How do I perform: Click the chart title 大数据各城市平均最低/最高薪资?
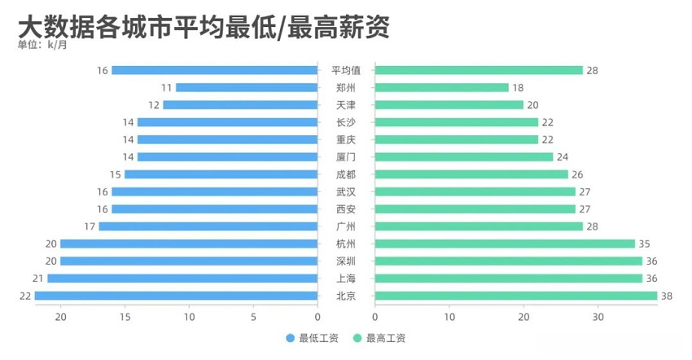coord(204,27)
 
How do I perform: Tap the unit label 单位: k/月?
coord(42,45)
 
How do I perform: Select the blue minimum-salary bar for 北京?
coord(176,296)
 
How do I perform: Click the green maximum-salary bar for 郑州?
coord(442,87)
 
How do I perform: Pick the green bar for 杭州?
coord(505,244)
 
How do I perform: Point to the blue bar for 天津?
coord(240,105)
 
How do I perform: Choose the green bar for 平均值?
coord(479,70)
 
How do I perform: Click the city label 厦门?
coord(346,157)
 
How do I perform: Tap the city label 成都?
coord(346,174)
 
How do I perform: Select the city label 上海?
coord(346,279)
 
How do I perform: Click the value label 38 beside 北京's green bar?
coord(666,296)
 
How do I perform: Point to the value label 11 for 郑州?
coord(167,87)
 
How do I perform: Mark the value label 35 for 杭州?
coord(644,244)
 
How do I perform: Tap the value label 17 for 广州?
coord(90,226)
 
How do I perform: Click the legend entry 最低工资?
coord(313,338)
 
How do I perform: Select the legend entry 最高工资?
coord(379,338)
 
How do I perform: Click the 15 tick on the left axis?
coord(125,316)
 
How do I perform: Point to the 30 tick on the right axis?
coord(598,316)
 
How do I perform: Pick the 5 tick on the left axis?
coord(253,316)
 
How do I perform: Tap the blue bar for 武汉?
coord(214,191)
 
